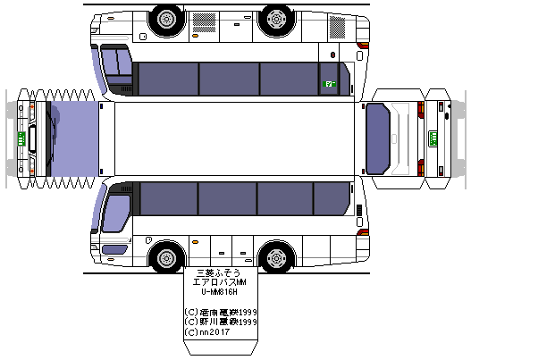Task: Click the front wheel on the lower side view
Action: click(167, 257)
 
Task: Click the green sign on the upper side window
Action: click(329, 84)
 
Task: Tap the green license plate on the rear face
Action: click(433, 138)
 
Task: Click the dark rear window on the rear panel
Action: click(379, 138)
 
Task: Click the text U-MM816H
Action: click(218, 291)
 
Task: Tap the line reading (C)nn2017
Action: click(207, 332)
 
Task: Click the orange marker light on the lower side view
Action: click(195, 241)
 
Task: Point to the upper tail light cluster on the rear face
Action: click(416, 111)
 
